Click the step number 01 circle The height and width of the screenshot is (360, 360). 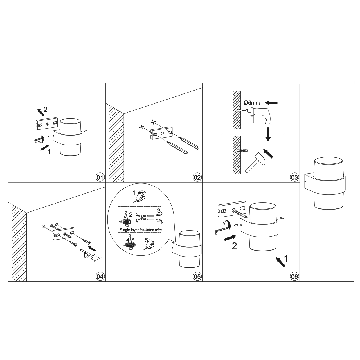click(100, 177)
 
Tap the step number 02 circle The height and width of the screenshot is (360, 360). click(197, 177)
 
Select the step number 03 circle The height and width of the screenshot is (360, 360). click(294, 177)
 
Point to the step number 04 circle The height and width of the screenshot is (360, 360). click(100, 276)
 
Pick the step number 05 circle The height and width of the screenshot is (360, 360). click(197, 276)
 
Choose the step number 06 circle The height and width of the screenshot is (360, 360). click(294, 276)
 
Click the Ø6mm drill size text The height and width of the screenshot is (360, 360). click(252, 102)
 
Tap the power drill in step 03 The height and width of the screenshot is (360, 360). click(257, 115)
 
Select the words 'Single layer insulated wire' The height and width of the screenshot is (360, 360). click(141, 230)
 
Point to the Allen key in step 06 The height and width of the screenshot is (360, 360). click(221, 231)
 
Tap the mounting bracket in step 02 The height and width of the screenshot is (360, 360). click(161, 133)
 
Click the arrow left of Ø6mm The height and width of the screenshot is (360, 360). click(271, 102)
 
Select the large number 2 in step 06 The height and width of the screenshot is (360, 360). click(234, 246)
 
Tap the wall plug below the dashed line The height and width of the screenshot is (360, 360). click(242, 150)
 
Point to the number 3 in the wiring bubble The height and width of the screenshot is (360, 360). click(159, 211)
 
